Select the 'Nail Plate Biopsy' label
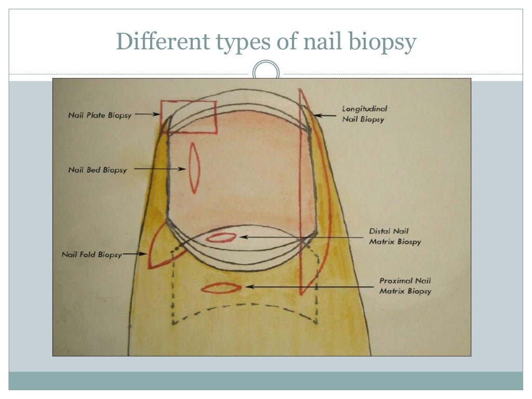click(100, 115)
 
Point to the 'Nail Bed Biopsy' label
click(97, 170)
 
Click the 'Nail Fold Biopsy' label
click(92, 255)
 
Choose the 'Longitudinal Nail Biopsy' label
click(364, 114)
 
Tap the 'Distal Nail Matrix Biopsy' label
click(395, 236)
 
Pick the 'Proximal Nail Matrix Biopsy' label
click(405, 286)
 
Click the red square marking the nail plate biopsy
click(188, 117)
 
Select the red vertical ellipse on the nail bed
click(194, 168)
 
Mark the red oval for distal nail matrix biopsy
click(221, 237)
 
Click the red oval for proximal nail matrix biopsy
click(221, 287)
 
